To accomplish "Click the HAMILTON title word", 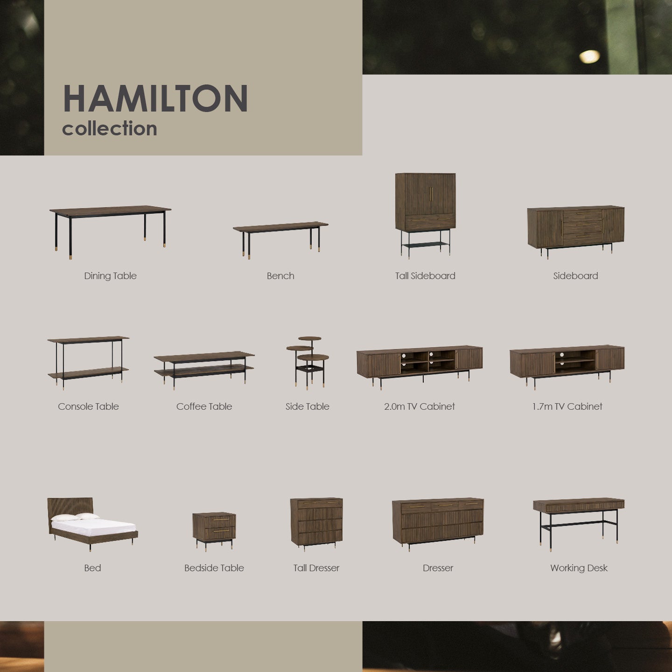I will click(155, 98).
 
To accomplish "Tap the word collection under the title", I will click(110, 129).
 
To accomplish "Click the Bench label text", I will click(280, 276).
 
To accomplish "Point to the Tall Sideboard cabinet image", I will click(425, 212).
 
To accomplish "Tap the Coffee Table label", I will click(204, 406).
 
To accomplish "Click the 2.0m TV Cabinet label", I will click(419, 406).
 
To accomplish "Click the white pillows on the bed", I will click(76, 517).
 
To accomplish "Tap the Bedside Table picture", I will click(214, 529).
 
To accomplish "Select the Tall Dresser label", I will click(316, 568).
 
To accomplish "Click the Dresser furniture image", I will click(438, 522).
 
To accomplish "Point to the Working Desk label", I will click(579, 568).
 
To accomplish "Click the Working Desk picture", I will click(578, 520).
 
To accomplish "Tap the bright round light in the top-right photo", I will click(589, 56).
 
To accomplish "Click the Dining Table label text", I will click(110, 276).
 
